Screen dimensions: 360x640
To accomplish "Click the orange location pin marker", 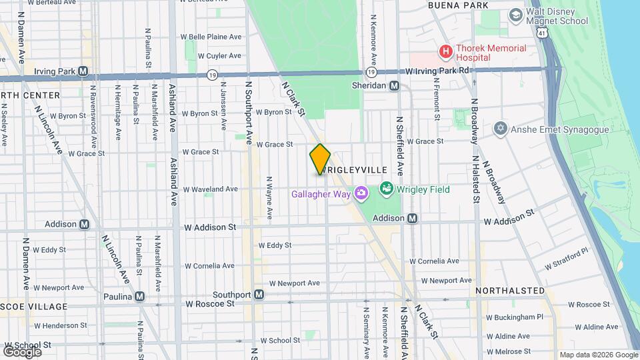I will [320, 159].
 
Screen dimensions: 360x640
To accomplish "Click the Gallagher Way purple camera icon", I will [361, 194].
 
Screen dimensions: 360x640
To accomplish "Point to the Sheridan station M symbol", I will [395, 85].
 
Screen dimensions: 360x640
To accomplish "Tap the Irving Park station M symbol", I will [83, 71].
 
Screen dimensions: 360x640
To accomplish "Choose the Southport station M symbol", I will [259, 294].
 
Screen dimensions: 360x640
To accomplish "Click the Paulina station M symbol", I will [139, 296].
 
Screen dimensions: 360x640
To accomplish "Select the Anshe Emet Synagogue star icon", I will [501, 128].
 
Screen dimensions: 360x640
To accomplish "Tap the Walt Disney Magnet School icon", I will [515, 15].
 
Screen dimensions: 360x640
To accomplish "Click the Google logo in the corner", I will [22, 351].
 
